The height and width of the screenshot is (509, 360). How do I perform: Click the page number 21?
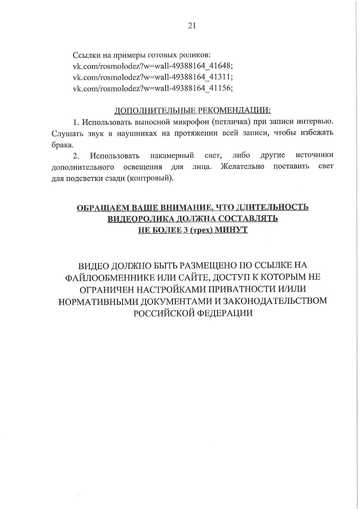point(192,26)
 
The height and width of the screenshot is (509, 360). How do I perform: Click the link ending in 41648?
point(153,66)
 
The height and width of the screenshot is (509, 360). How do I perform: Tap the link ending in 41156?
point(153,88)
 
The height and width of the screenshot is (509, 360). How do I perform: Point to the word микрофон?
point(190,122)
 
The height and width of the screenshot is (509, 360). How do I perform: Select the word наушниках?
point(137,133)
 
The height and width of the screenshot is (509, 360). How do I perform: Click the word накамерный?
point(172,156)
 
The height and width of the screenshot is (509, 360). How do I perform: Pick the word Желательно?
point(243,166)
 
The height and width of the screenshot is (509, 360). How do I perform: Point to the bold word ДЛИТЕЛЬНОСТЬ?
point(272,207)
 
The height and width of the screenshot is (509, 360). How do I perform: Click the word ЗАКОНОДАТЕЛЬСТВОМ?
point(275,301)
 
